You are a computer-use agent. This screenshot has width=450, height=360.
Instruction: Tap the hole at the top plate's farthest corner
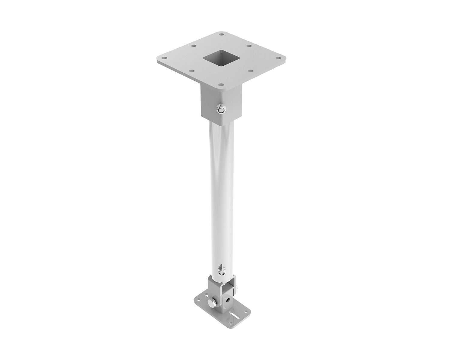click(221, 34)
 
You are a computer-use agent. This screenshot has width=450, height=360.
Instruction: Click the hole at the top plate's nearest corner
click(221, 85)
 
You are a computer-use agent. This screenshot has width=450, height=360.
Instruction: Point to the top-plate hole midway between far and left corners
click(193, 46)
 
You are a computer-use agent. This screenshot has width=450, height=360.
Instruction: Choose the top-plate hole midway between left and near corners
click(192, 71)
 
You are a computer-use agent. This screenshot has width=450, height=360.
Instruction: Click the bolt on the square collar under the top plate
click(221, 110)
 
